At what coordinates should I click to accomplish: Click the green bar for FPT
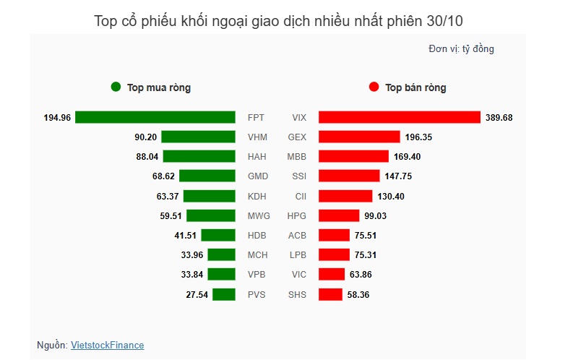click(x=155, y=117)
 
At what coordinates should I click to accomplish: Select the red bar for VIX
click(x=400, y=117)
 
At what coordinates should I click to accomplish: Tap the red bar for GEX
click(x=359, y=137)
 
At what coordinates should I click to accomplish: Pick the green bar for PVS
click(x=224, y=294)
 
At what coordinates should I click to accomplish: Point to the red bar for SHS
click(x=330, y=294)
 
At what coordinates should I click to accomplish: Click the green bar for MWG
click(x=211, y=215)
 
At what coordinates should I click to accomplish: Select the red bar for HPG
click(x=339, y=215)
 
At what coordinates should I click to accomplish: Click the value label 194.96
click(x=57, y=117)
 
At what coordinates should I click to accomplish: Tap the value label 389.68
click(x=499, y=117)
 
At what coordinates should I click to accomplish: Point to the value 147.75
click(x=397, y=176)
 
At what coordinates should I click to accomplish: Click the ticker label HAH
click(x=256, y=157)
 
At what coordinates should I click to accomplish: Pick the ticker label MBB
click(x=297, y=157)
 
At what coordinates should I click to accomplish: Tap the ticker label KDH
click(x=256, y=196)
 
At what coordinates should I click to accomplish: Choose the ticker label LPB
click(x=297, y=254)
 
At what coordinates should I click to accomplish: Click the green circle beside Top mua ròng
click(x=116, y=87)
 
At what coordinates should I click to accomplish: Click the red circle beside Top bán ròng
click(x=374, y=87)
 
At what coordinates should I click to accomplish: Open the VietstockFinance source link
click(x=107, y=346)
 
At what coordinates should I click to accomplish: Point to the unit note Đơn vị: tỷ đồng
click(x=461, y=49)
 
